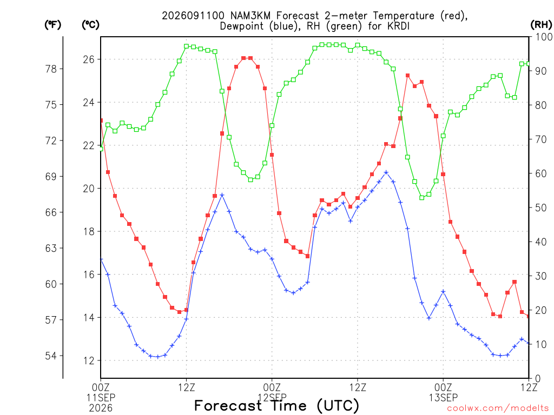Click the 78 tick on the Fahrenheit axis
coord(51,69)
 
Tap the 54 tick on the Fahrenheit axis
coord(51,356)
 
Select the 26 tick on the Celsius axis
coord(89,59)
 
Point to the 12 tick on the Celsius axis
coord(89,360)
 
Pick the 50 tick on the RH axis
coord(541,207)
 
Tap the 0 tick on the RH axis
coord(538,379)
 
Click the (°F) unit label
coord(52,25)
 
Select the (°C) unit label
coord(90,25)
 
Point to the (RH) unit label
coord(541,25)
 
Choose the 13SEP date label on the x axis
coord(443,398)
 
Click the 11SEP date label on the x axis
coord(101,398)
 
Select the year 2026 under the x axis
coord(101,409)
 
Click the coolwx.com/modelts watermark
coord(498,409)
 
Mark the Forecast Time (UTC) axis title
coord(276,406)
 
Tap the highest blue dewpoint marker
coord(386,172)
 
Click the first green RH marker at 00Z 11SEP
coord(101,149)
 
